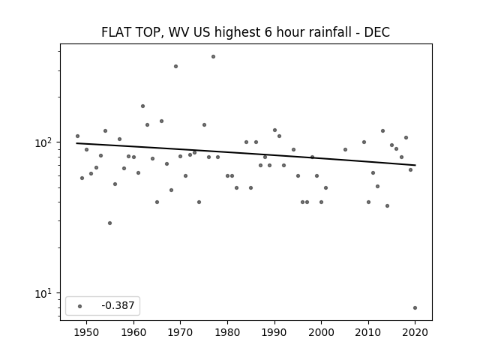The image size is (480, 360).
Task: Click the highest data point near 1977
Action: click(213, 57)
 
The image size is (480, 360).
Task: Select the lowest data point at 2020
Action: click(415, 308)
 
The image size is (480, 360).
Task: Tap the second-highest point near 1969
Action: click(175, 67)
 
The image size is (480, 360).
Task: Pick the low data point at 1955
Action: click(110, 223)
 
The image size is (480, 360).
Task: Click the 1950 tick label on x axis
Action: click(87, 332)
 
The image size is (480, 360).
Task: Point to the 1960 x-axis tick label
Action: click(133, 332)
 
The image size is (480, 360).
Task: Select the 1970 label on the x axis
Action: click(181, 332)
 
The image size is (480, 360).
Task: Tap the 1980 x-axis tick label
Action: click(227, 332)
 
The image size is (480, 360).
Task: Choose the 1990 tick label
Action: click(274, 332)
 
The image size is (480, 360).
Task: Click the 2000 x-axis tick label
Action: click(322, 332)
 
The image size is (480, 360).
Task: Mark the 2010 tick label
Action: click(368, 332)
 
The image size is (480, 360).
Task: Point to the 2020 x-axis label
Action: click(415, 332)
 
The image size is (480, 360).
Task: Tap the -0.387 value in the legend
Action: click(118, 305)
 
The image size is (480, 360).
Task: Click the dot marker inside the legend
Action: click(80, 306)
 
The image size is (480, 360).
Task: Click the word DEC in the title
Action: click(376, 32)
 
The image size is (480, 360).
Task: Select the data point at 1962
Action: click(142, 106)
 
